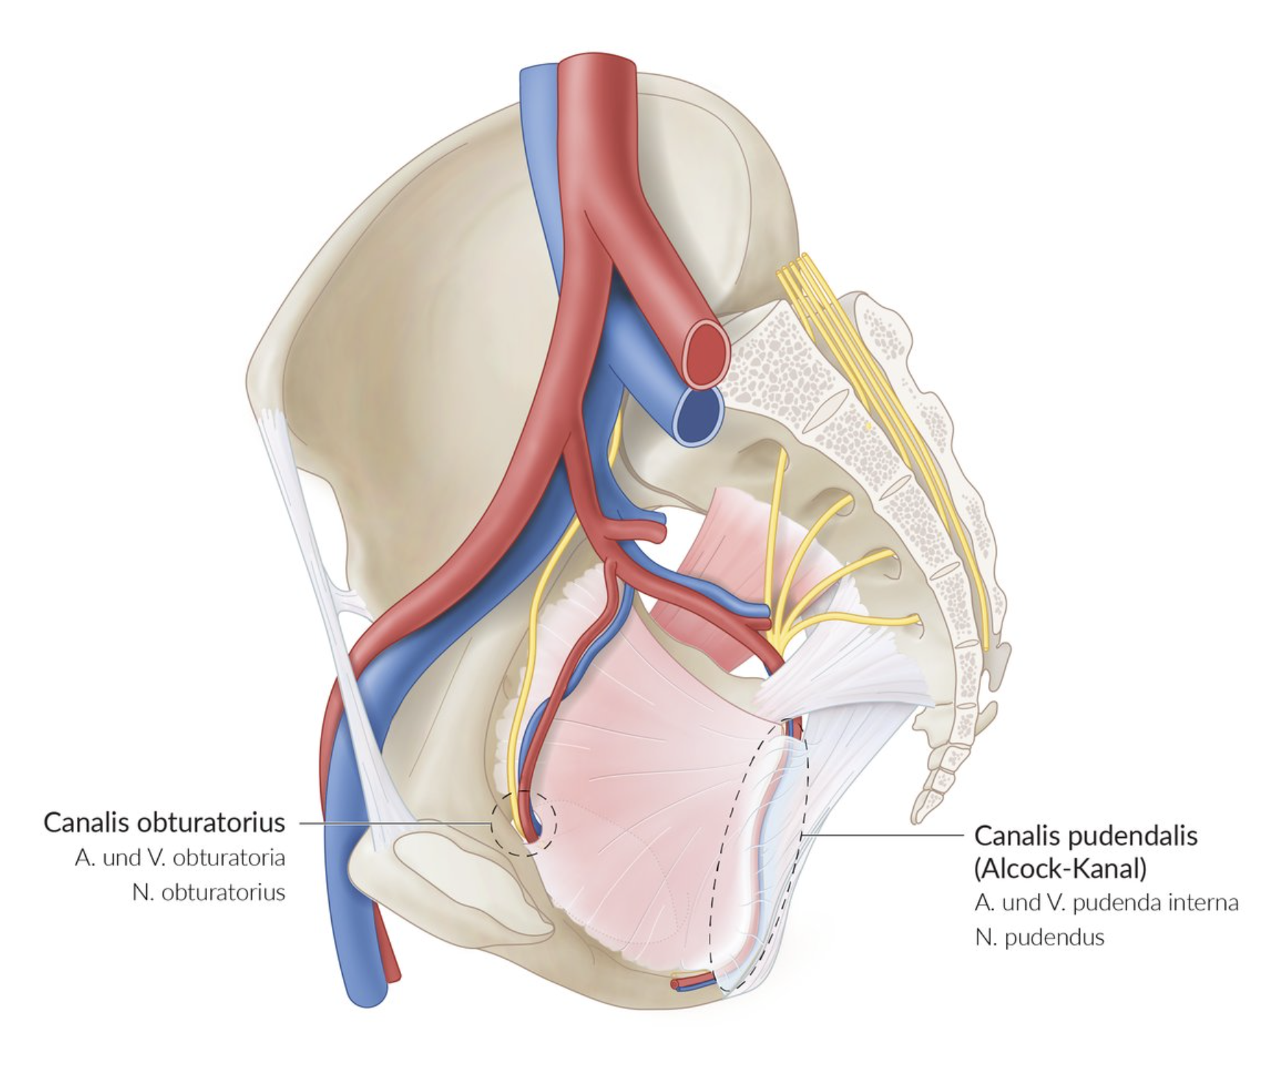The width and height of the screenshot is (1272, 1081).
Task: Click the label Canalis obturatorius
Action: click(164, 823)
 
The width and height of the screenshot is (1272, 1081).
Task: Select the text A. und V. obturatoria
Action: click(179, 858)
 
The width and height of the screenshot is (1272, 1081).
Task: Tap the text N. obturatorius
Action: click(208, 892)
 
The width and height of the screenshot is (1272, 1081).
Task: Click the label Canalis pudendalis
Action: click(1086, 836)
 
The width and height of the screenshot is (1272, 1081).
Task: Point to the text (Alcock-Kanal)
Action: click(1060, 868)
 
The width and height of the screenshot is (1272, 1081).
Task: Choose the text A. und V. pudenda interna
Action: click(1106, 903)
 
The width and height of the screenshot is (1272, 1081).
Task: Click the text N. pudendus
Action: click(1039, 938)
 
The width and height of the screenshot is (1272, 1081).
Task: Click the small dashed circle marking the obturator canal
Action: click(523, 823)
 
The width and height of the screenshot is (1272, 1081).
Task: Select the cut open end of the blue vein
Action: click(698, 415)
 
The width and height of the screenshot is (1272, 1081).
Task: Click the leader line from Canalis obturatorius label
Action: click(395, 823)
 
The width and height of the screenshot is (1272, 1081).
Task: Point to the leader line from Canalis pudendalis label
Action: click(887, 836)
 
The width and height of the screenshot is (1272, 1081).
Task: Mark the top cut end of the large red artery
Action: click(597, 66)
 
